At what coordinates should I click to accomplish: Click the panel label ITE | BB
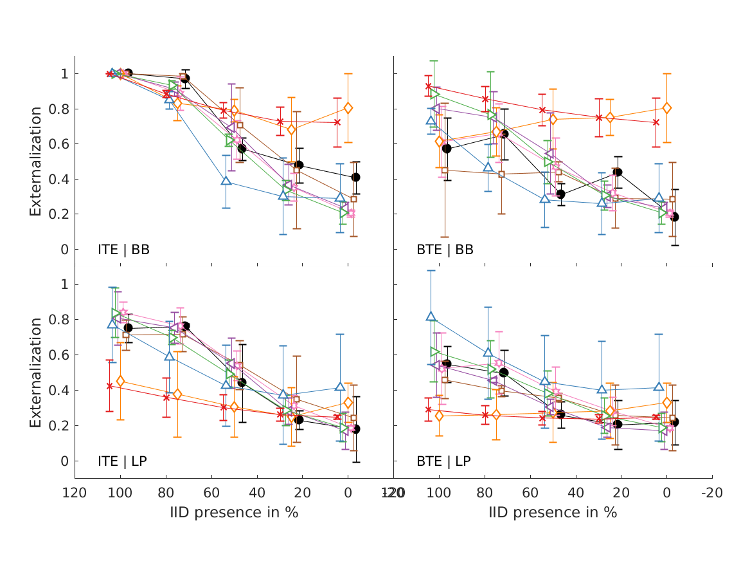[123, 250]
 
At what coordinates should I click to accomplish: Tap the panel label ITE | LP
[122, 461]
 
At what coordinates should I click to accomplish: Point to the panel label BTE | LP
[443, 461]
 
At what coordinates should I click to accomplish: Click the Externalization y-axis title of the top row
[35, 161]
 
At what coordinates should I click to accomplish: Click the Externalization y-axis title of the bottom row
[35, 373]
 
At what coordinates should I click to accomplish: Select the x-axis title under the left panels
[234, 513]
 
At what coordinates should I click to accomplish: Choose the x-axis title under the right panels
[553, 513]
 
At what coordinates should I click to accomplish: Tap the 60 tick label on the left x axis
[211, 494]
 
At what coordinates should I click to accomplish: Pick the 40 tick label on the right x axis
[576, 494]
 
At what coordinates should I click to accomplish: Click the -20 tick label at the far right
[712, 494]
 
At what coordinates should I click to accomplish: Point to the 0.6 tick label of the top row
[59, 144]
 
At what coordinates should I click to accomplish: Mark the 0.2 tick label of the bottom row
[59, 426]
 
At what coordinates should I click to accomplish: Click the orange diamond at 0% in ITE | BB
[348, 108]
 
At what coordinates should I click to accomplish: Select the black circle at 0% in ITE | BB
[355, 177]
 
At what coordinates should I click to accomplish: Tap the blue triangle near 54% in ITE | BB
[226, 181]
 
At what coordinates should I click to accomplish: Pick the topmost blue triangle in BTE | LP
[431, 317]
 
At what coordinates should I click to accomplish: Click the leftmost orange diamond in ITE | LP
[120, 382]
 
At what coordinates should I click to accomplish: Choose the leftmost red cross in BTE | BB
[429, 86]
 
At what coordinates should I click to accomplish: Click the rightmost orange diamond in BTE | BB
[667, 108]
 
